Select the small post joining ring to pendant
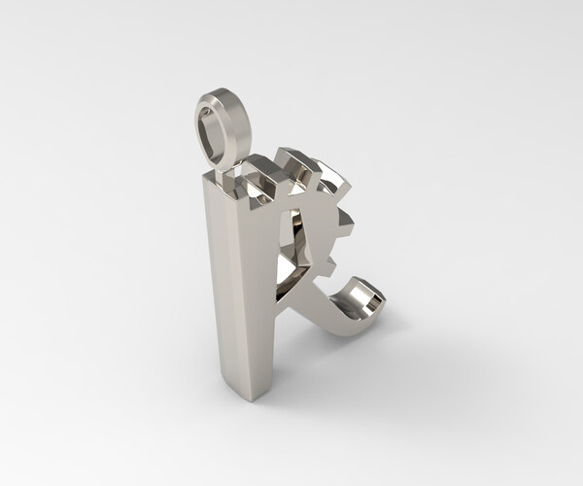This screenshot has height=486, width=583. [x=225, y=166]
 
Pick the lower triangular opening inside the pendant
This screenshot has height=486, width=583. [x=290, y=272]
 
